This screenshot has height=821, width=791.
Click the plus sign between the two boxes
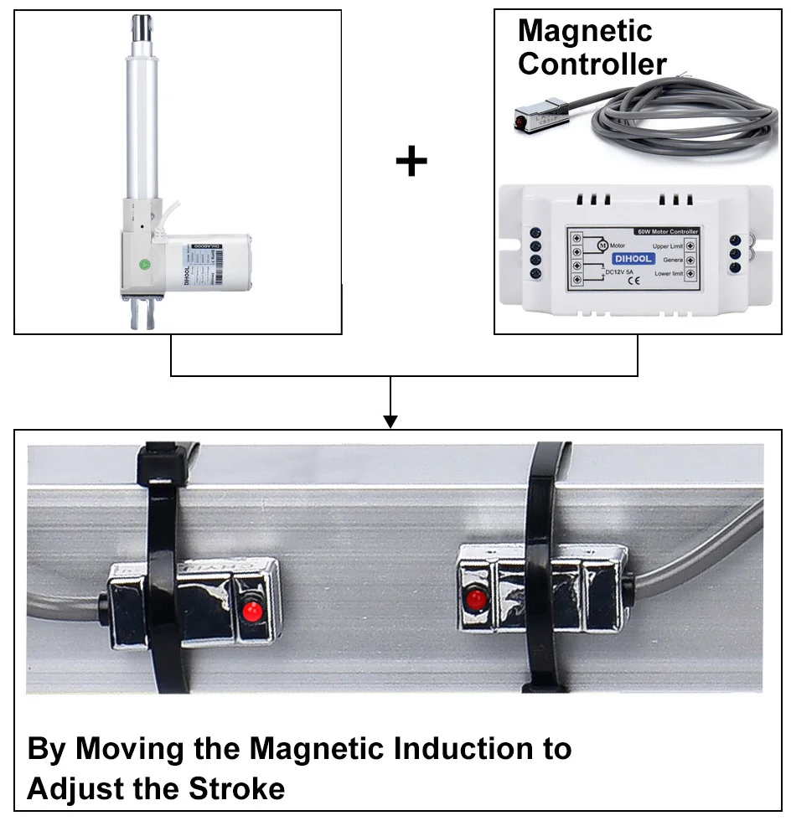[411, 161]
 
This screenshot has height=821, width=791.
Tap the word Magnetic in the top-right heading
[585, 31]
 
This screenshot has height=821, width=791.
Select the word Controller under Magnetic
[592, 64]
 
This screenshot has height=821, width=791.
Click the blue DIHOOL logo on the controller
[633, 259]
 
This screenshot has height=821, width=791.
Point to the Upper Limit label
[668, 245]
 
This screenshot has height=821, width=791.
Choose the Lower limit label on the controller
[668, 273]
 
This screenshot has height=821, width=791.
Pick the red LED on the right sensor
[475, 600]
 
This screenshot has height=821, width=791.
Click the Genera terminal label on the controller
[670, 260]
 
